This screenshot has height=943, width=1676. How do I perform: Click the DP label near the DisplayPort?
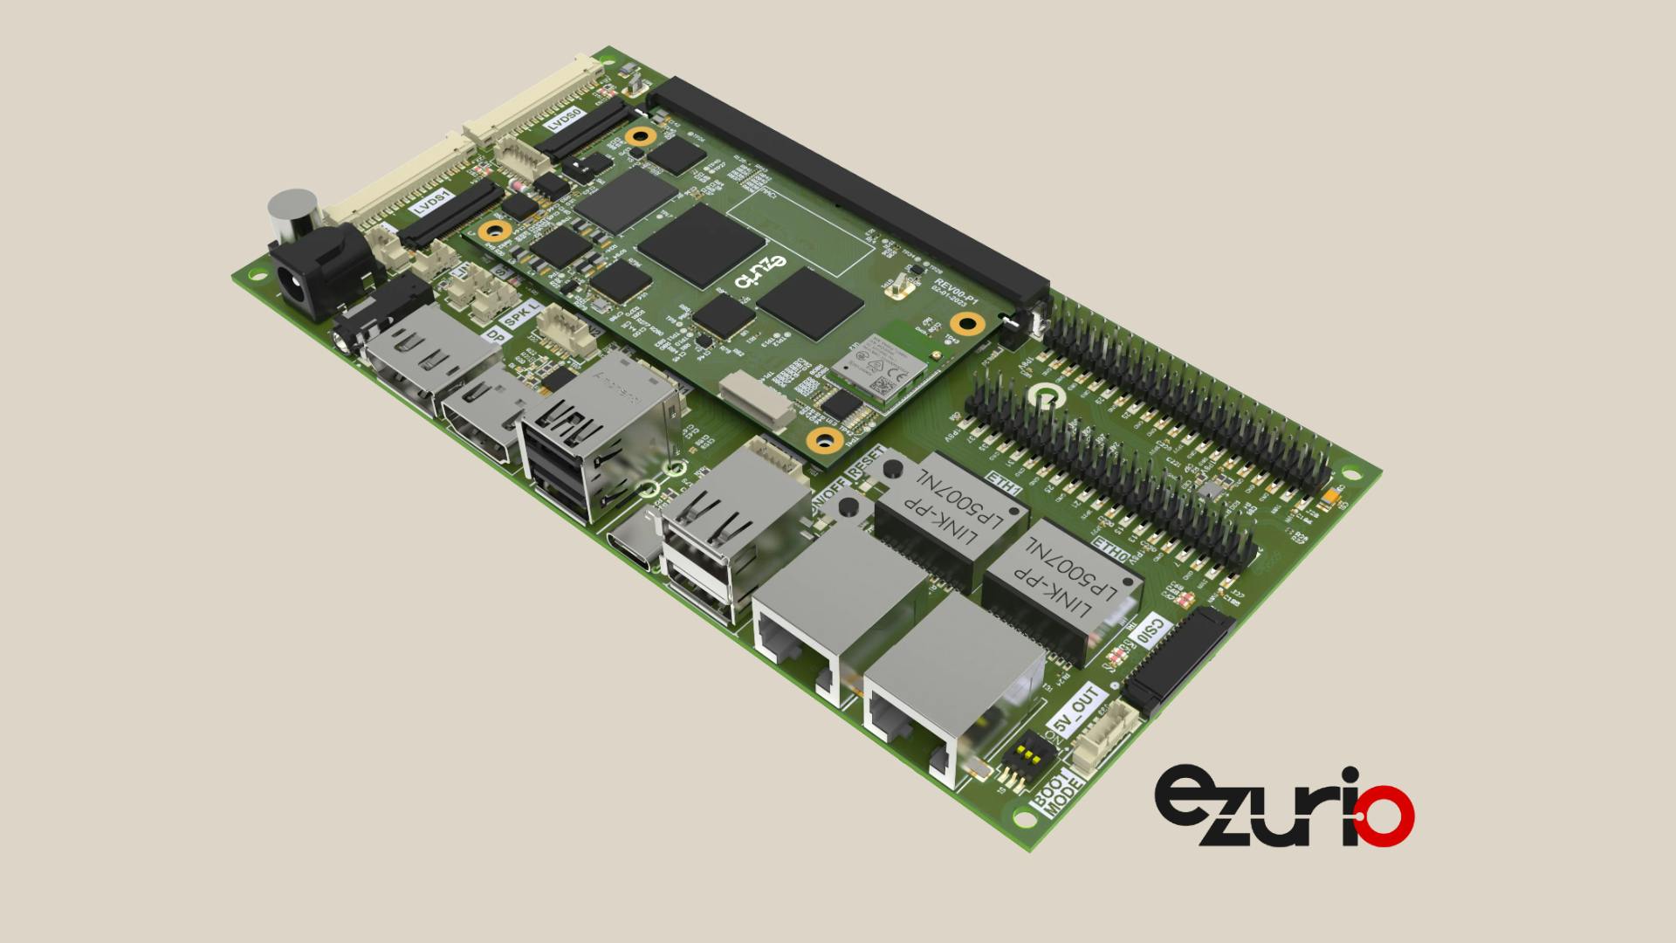coord(495,335)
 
